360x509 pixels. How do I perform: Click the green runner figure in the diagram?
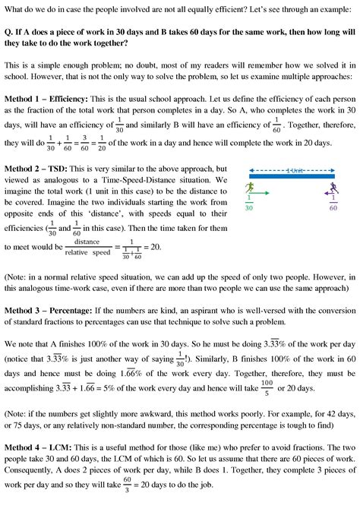(x=249, y=188)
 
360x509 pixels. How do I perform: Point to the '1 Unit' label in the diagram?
(x=291, y=169)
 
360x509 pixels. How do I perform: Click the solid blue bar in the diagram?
(x=292, y=177)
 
